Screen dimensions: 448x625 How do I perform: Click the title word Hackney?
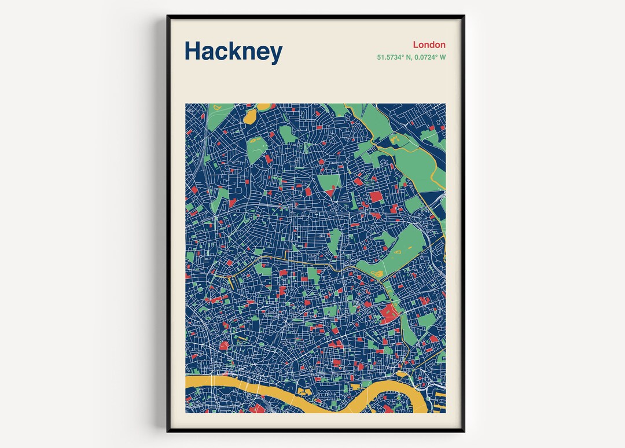coord(233,52)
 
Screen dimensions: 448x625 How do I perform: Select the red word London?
coord(429,45)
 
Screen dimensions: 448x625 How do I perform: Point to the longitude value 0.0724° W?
coord(429,57)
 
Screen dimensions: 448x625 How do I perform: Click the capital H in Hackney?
coord(192,51)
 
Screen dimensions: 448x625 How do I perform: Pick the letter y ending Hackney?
coord(275,54)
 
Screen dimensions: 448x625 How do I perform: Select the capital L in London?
coord(416,45)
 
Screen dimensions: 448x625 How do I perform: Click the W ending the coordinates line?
coord(443,57)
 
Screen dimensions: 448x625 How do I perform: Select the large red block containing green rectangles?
coord(389,314)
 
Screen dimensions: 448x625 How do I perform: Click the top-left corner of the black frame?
coord(168,17)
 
